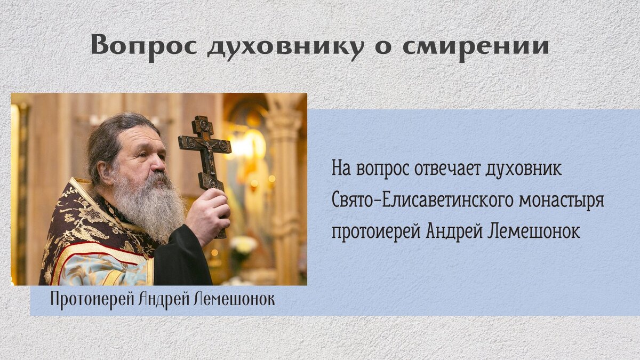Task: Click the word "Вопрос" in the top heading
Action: click(x=143, y=45)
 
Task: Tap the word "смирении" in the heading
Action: click(x=475, y=45)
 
